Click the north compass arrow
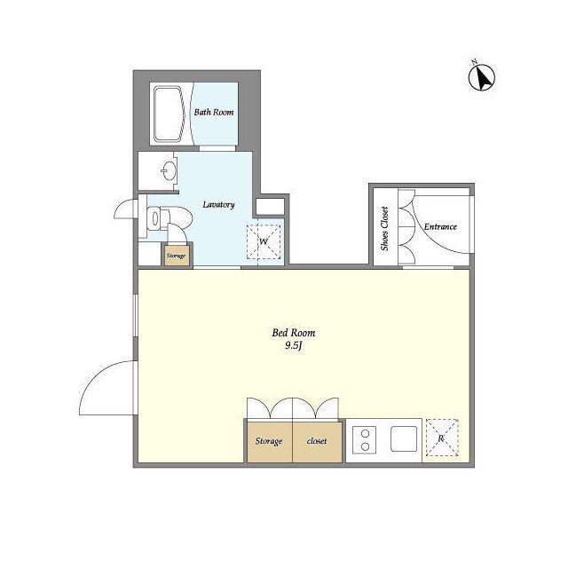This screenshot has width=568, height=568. [x=482, y=77]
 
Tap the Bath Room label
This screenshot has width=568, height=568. [x=214, y=113]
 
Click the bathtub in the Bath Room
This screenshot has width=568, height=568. [x=168, y=114]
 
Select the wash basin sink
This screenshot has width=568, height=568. [x=169, y=170]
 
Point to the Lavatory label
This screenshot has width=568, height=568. [x=218, y=205]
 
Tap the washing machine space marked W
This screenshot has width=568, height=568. [x=264, y=242]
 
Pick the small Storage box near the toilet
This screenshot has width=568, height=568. [x=177, y=256]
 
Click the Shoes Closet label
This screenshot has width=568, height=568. [x=384, y=229]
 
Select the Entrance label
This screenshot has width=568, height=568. [x=440, y=227]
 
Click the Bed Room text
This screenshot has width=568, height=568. [x=294, y=333]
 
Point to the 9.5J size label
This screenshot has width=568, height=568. [x=294, y=345]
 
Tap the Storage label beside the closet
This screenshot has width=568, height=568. [x=269, y=441]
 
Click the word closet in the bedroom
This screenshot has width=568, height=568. [x=317, y=441]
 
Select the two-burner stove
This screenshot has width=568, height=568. [x=365, y=440]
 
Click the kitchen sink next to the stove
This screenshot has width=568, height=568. [x=404, y=438]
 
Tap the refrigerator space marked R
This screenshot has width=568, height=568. [x=442, y=438]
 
